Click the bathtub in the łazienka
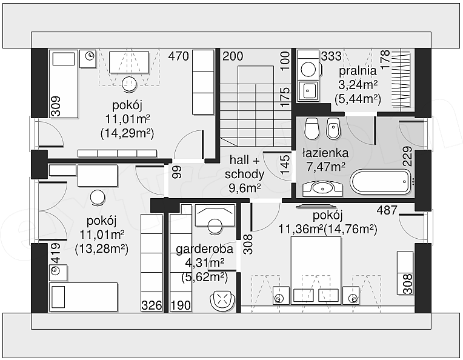(x=381, y=181)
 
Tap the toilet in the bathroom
(x=311, y=128)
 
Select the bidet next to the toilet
(x=333, y=128)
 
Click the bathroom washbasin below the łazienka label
(x=322, y=188)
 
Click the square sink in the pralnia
(x=308, y=92)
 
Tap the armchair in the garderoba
(x=223, y=301)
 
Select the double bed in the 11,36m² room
(x=316, y=270)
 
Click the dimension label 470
(x=178, y=56)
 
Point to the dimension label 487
(x=387, y=210)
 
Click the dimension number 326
(x=152, y=305)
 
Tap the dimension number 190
(x=181, y=305)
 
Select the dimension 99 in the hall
(x=177, y=172)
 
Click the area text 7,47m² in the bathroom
(x=325, y=167)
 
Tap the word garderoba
(x=204, y=249)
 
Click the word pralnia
(x=358, y=71)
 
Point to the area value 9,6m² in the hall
(x=244, y=187)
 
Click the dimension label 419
(x=56, y=253)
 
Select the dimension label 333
(x=331, y=56)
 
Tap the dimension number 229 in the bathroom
(x=407, y=156)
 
